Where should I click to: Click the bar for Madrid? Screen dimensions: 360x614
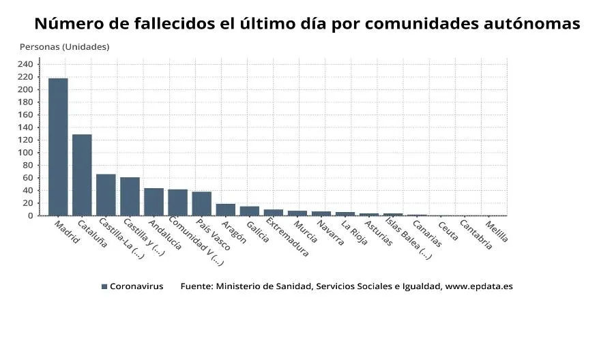coord(58,147)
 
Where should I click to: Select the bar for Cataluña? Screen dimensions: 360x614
coord(82,175)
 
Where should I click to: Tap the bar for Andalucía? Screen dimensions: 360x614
coord(153,202)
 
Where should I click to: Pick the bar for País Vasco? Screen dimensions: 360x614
coord(201,203)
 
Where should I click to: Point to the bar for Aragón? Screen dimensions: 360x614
coord(225,209)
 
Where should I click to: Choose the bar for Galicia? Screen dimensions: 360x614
coord(249,211)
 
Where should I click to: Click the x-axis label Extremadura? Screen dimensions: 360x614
coord(287,237)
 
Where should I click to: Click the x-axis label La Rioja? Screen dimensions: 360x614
coord(355,232)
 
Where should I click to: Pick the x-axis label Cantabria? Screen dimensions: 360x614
coord(476,234)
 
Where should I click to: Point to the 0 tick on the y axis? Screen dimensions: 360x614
coord(30,215)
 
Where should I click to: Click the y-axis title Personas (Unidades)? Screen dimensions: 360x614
coord(64,47)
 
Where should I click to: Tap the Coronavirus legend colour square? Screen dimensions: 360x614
coord(104,287)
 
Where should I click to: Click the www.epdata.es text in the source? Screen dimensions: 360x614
coord(478,286)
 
